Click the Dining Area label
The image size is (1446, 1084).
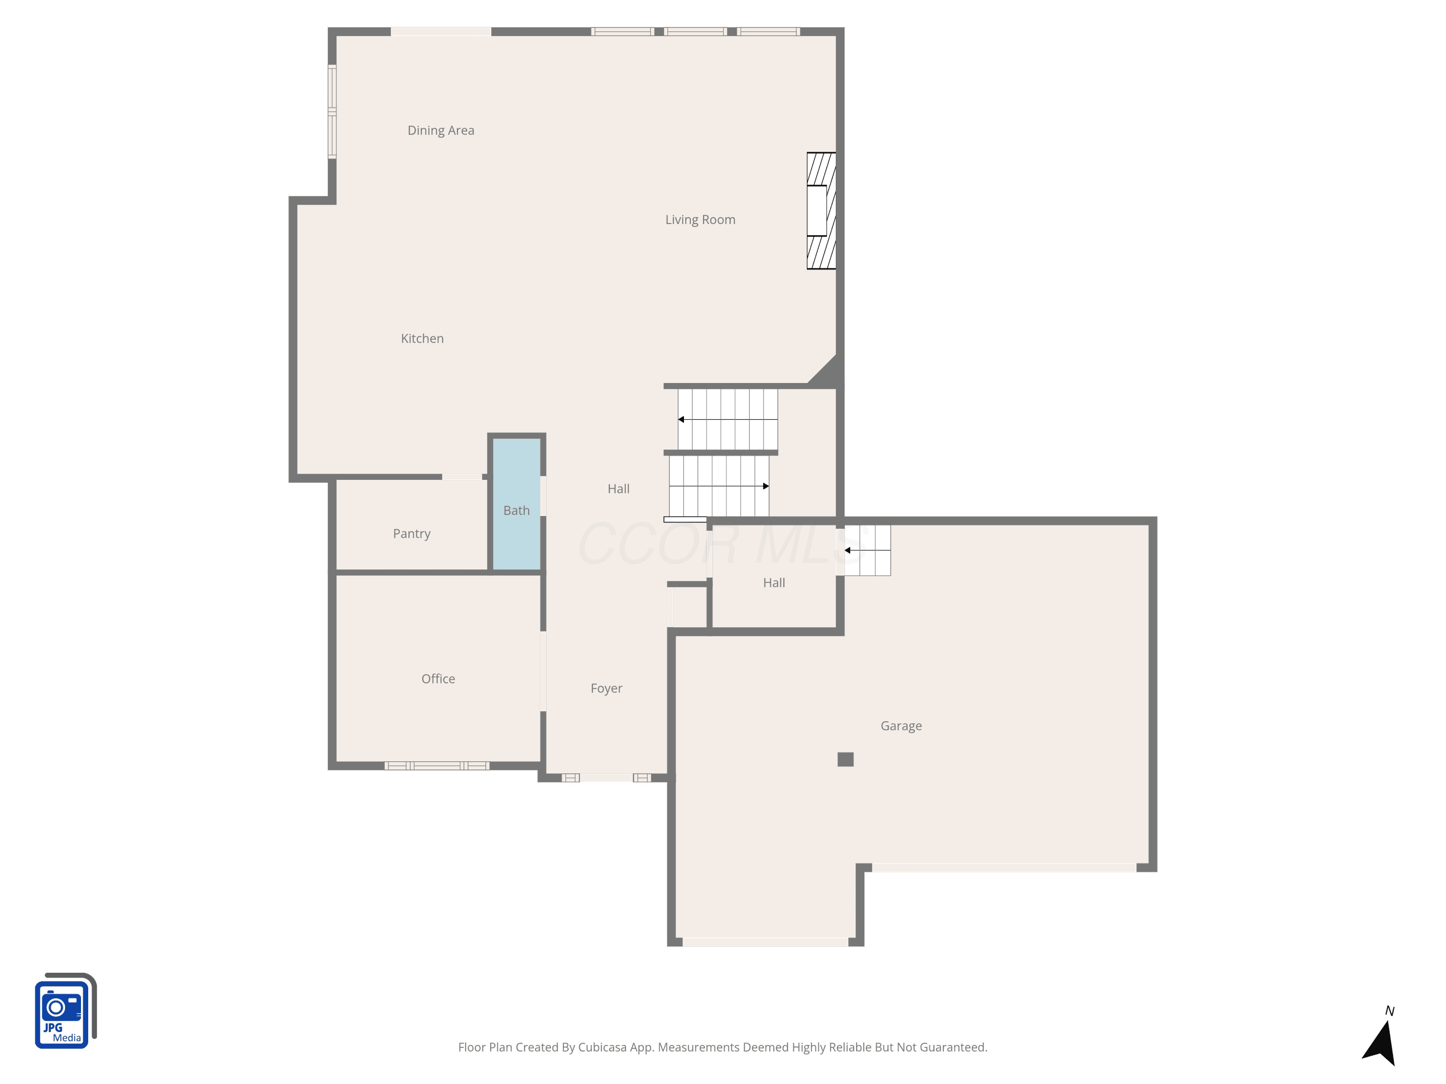coord(441,131)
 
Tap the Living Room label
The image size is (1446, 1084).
coord(700,220)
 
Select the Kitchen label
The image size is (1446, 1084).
coord(422,339)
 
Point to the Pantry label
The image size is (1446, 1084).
coord(412,534)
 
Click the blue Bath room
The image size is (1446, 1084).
coord(516,504)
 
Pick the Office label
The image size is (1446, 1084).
coord(438,679)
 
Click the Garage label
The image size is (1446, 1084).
coord(901,726)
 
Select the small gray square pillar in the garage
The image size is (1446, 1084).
coord(845,759)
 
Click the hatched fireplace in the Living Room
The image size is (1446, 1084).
coord(821,211)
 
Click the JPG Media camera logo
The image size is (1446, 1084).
coord(66,1011)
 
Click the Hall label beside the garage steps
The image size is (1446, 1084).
coord(774,583)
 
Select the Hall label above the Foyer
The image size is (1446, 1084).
coord(618,489)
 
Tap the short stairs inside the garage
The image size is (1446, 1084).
coord(867,550)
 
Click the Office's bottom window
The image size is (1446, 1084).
coord(437,766)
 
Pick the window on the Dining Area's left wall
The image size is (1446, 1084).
coord(332,112)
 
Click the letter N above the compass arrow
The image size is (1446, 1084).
coord(1390,1011)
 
